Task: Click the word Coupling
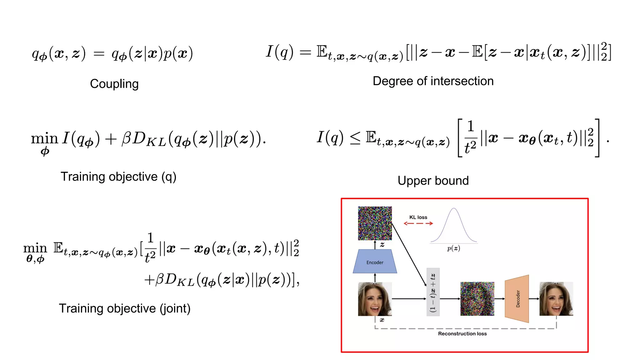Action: (114, 84)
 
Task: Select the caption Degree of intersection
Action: (433, 81)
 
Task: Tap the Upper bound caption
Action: (433, 181)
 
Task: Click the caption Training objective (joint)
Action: (124, 308)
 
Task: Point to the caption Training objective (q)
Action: (118, 177)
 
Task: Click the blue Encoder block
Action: (375, 262)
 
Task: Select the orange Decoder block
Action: (517, 299)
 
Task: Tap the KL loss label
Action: (418, 217)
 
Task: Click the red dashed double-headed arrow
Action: (418, 223)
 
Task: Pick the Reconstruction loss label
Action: (462, 334)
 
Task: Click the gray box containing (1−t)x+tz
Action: (433, 292)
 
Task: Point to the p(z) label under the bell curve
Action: (453, 248)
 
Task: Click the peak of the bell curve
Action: (454, 209)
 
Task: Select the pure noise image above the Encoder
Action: (375, 223)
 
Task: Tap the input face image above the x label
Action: (375, 299)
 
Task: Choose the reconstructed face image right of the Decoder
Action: (556, 299)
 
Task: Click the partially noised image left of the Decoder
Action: (477, 299)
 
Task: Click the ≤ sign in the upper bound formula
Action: (355, 138)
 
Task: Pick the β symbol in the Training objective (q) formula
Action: (126, 138)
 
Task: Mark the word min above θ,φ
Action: (35, 248)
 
